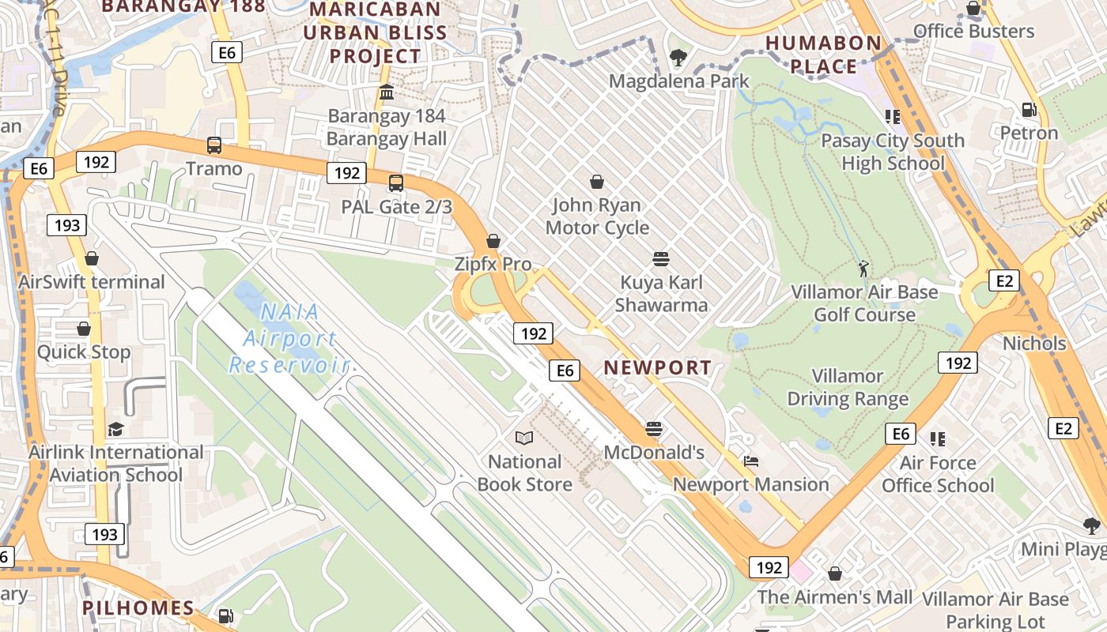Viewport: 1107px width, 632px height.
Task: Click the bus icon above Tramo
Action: (214, 145)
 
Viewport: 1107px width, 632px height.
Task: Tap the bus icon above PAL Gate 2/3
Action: (396, 183)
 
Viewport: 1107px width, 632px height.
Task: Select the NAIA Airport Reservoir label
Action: (289, 338)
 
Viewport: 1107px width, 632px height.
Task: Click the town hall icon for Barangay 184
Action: (387, 92)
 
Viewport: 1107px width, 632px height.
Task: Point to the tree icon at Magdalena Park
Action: (678, 58)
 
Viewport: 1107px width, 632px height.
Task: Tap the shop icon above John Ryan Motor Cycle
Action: (597, 182)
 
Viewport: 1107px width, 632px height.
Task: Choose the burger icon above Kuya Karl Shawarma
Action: (661, 259)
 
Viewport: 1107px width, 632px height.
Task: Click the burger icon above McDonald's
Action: (653, 429)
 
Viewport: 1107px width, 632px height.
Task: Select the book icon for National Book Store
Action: (523, 438)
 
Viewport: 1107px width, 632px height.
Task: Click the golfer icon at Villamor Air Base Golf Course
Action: (863, 269)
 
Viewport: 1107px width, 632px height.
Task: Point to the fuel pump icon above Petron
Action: (1029, 110)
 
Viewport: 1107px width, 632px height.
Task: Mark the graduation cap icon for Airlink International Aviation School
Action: (115, 429)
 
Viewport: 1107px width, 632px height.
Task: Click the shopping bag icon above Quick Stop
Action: (84, 329)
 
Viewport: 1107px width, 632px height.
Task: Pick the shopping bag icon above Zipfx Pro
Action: (493, 241)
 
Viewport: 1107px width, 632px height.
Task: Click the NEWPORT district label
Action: (658, 367)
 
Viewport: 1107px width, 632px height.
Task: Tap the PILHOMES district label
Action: (138, 608)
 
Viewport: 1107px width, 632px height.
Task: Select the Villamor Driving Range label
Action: (848, 387)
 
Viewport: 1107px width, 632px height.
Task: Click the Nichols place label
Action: (1034, 344)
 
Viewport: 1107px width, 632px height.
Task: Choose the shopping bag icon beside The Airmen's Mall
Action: (835, 574)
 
